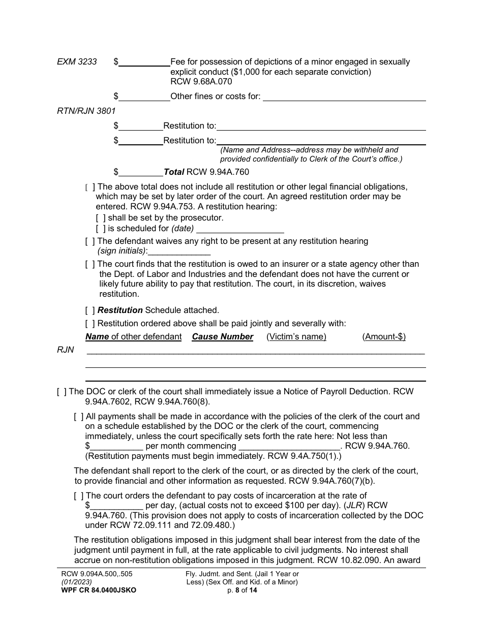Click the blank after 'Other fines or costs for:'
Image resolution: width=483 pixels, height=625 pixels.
344,97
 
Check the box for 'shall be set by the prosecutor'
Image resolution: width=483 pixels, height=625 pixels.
101,218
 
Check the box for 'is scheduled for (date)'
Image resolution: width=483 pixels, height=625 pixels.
101,229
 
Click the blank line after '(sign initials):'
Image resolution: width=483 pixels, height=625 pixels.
179,251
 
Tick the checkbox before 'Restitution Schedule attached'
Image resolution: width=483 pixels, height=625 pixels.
89,310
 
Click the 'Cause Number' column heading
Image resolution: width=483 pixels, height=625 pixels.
222,337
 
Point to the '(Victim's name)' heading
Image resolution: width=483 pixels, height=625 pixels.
296,337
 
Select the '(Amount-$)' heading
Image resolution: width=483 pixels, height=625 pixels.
384,337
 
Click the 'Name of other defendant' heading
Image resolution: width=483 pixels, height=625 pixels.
133,337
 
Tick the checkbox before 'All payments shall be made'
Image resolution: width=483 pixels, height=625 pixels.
79,417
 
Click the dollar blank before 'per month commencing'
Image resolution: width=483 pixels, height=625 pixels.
116,446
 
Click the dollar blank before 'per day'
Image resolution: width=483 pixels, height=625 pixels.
116,506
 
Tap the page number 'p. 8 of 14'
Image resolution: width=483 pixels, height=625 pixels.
242,590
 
